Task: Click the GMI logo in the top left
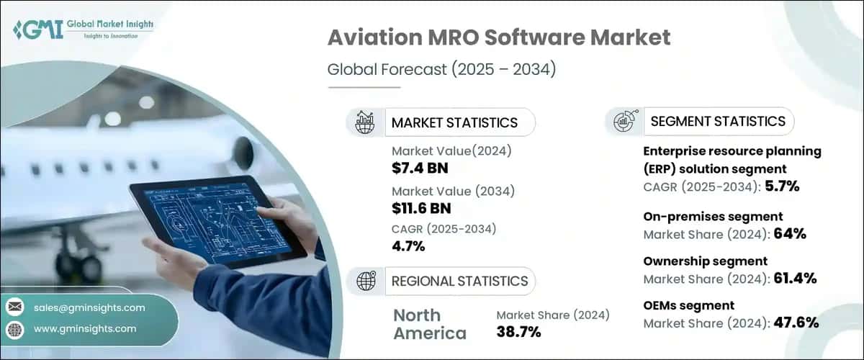click(x=82, y=28)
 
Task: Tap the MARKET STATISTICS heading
click(x=454, y=122)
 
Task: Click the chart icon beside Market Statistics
click(x=365, y=122)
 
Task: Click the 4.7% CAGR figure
click(x=409, y=246)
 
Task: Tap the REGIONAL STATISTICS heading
click(x=459, y=281)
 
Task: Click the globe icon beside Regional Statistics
click(x=365, y=281)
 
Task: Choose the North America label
click(x=430, y=324)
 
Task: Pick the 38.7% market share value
click(x=518, y=332)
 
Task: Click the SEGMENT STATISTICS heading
click(x=718, y=122)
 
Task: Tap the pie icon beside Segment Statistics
click(x=624, y=122)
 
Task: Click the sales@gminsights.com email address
click(x=89, y=307)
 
